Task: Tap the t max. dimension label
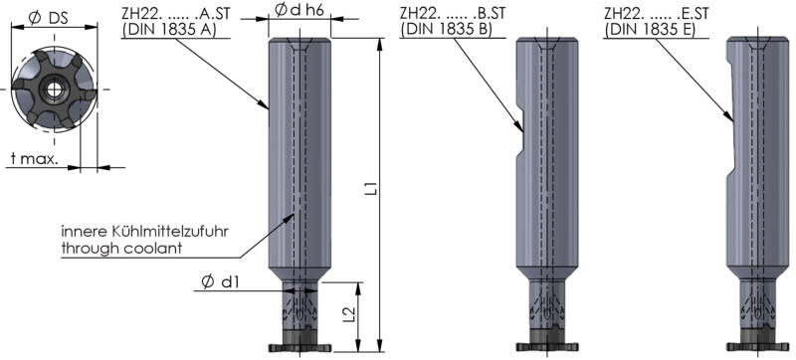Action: (35, 159)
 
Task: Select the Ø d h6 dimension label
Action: (299, 10)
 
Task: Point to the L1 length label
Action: (372, 189)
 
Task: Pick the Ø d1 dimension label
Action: (219, 282)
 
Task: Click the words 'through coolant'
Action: (121, 249)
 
